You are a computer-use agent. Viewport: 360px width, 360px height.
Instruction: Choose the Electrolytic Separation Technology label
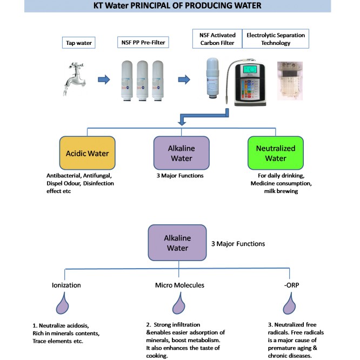point(275,39)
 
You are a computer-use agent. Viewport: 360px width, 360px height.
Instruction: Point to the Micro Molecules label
point(177,284)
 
